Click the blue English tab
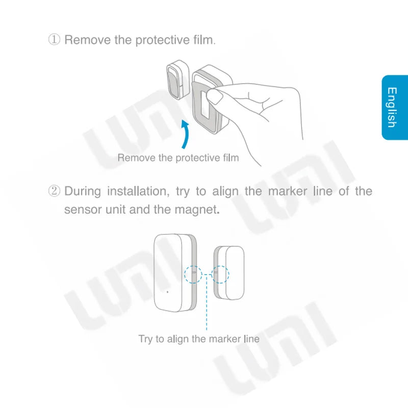pyautogui.click(x=394, y=108)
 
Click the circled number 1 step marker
pyautogui.click(x=55, y=40)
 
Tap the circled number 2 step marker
pyautogui.click(x=55, y=192)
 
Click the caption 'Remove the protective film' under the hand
pyautogui.click(x=178, y=158)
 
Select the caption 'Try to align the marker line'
pyautogui.click(x=199, y=339)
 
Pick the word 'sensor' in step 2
pyautogui.click(x=81, y=210)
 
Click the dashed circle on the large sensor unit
pyautogui.click(x=193, y=274)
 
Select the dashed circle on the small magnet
pyautogui.click(x=221, y=274)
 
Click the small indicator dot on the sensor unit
pyautogui.click(x=167, y=292)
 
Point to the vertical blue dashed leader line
pyautogui.click(x=207, y=306)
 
